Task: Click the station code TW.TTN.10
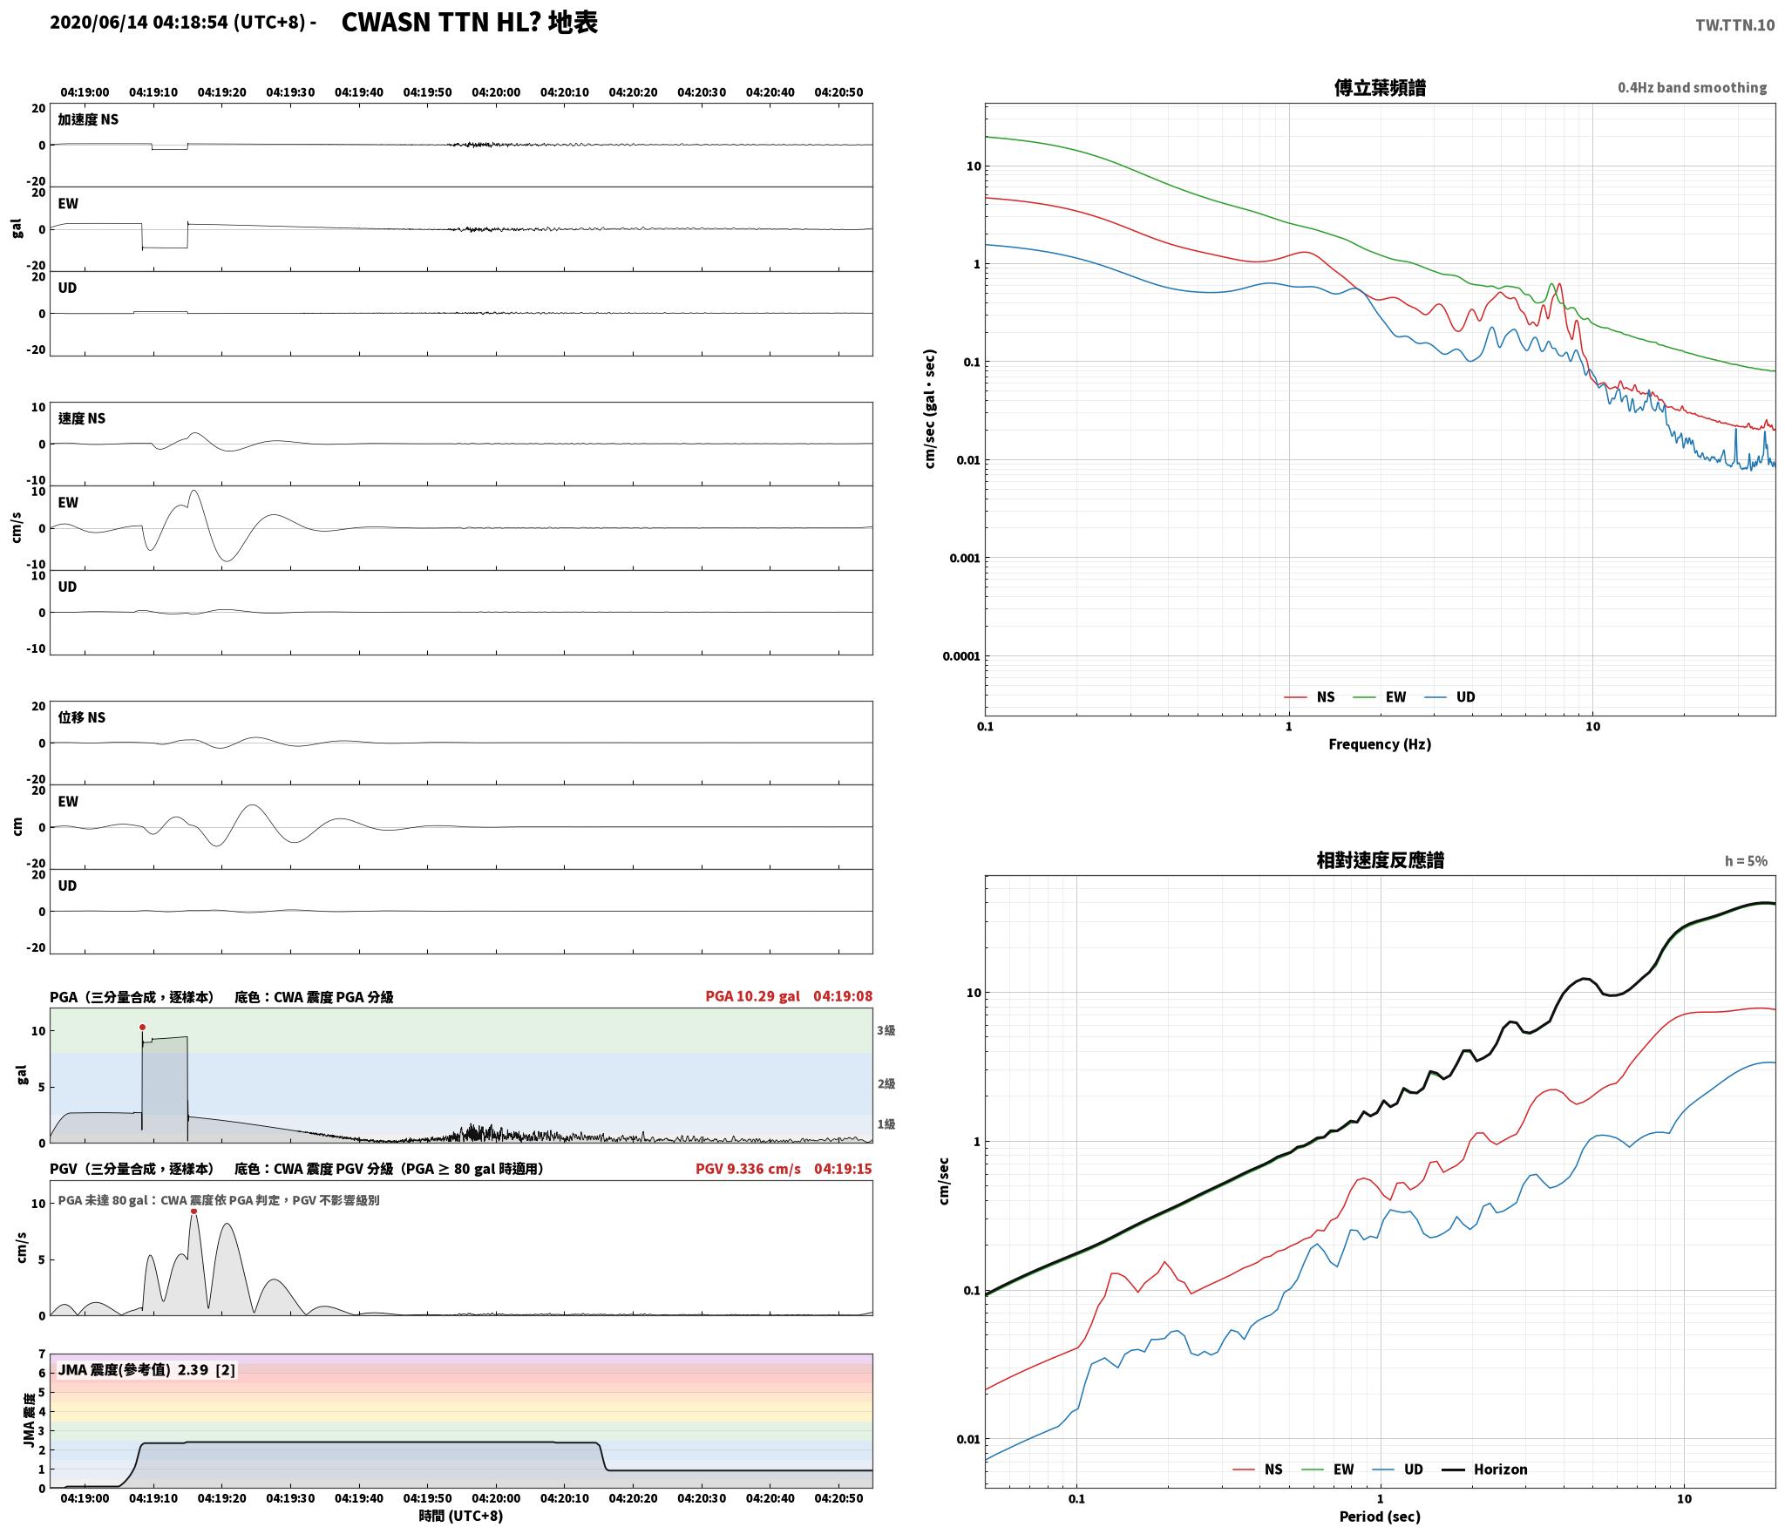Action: click(x=1734, y=25)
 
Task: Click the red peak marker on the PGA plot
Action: click(x=143, y=1027)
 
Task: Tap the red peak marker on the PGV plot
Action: click(x=193, y=1211)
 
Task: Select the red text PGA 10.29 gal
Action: click(x=752, y=996)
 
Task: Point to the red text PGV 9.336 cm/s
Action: click(x=748, y=1169)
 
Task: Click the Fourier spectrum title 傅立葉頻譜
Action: click(x=1380, y=88)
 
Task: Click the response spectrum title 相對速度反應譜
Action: click(x=1380, y=860)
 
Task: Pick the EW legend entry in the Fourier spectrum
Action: click(x=1379, y=697)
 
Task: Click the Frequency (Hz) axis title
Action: click(x=1380, y=744)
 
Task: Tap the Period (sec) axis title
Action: click(x=1380, y=1517)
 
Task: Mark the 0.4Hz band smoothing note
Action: click(x=1692, y=88)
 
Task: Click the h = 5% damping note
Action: click(x=1746, y=861)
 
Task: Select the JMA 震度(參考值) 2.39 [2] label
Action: click(x=146, y=1370)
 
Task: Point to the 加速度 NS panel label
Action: click(x=88, y=119)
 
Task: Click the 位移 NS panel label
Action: click(x=82, y=717)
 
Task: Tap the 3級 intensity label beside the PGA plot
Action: click(x=886, y=1030)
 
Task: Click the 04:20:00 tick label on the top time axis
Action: click(x=496, y=92)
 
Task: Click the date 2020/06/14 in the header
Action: click(x=98, y=23)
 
